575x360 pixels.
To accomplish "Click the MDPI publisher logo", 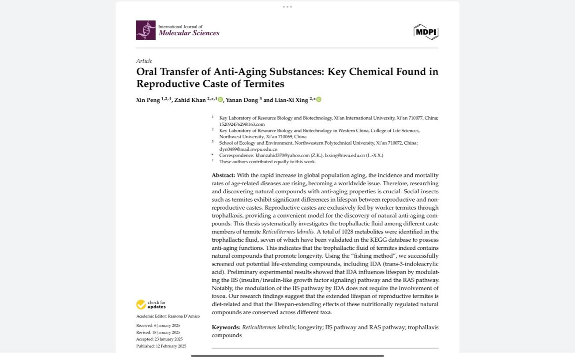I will (426, 32).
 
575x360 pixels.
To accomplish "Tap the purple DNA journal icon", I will (146, 30).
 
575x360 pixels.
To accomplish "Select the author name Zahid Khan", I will (190, 100).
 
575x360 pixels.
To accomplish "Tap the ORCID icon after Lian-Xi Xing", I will (319, 100).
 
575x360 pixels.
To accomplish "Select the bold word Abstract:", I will (223, 175).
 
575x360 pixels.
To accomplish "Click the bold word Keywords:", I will (226, 327).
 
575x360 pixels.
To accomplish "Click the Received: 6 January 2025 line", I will (158, 325).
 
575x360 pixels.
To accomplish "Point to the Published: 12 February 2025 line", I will (161, 346).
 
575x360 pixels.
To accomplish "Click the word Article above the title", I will (144, 61).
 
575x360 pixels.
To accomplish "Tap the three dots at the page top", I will (287, 7).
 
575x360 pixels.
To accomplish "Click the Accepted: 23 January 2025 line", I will (159, 339).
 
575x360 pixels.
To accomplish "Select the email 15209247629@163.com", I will (242, 124).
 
